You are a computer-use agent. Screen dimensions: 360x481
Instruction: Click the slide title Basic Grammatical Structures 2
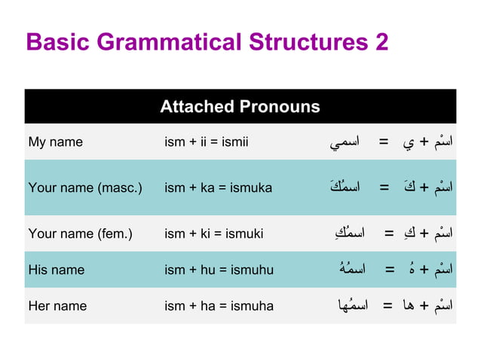point(207,41)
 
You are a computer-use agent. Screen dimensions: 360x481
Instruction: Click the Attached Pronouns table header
point(240,106)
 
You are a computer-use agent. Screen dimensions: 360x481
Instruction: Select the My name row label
point(56,142)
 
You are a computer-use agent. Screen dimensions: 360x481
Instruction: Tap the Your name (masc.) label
point(85,188)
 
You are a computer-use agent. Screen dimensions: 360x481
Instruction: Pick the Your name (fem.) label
point(80,233)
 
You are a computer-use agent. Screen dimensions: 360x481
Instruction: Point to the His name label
point(57,270)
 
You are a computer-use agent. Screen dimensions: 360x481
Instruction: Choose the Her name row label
point(57,306)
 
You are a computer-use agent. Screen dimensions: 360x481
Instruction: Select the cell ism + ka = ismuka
point(218,188)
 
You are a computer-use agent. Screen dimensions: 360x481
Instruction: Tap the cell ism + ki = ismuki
point(213,233)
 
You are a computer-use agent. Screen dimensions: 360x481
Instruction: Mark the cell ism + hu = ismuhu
point(219,270)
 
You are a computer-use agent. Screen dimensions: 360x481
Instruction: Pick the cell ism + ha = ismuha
point(219,306)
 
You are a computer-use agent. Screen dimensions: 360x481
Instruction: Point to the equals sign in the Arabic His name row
point(390,269)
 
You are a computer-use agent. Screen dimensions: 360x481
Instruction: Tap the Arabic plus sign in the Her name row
point(424,305)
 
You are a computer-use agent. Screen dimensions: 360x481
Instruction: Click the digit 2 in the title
point(381,41)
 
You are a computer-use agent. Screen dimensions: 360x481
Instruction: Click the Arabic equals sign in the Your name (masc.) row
point(384,187)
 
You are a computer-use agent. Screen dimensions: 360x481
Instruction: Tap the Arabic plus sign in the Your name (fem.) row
point(424,233)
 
